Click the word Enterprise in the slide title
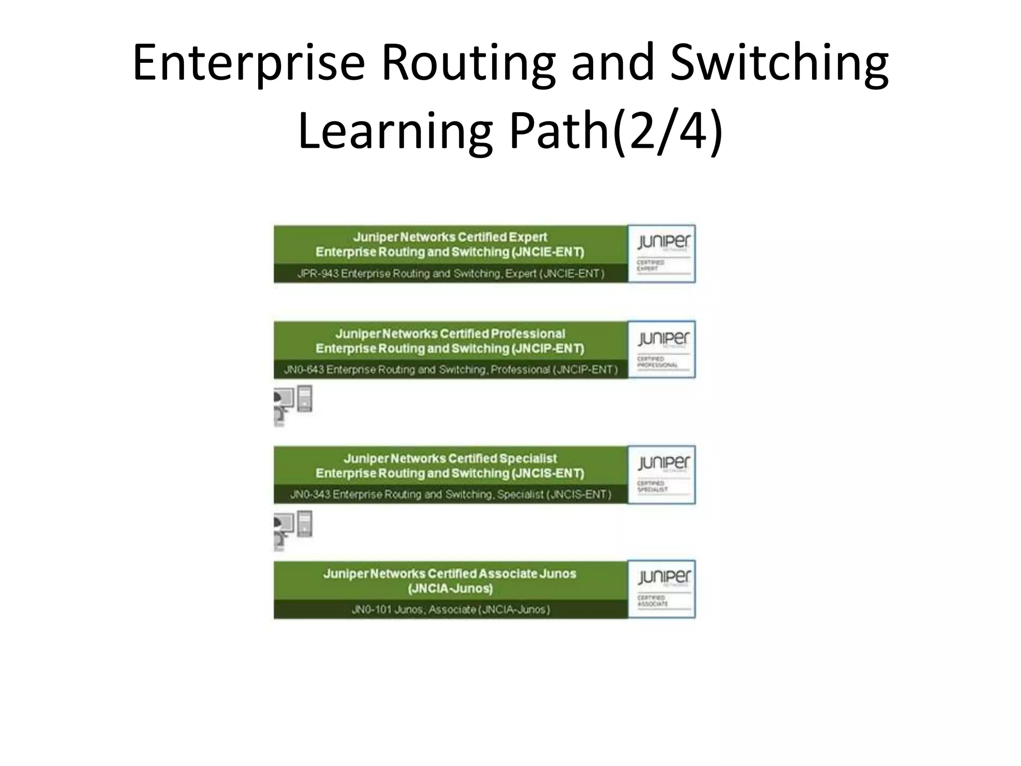[x=249, y=63]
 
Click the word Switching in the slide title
[x=779, y=63]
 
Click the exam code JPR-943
[x=318, y=274]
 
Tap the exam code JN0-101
[x=371, y=609]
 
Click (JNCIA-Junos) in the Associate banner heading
[x=450, y=589]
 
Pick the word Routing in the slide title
[x=468, y=63]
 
